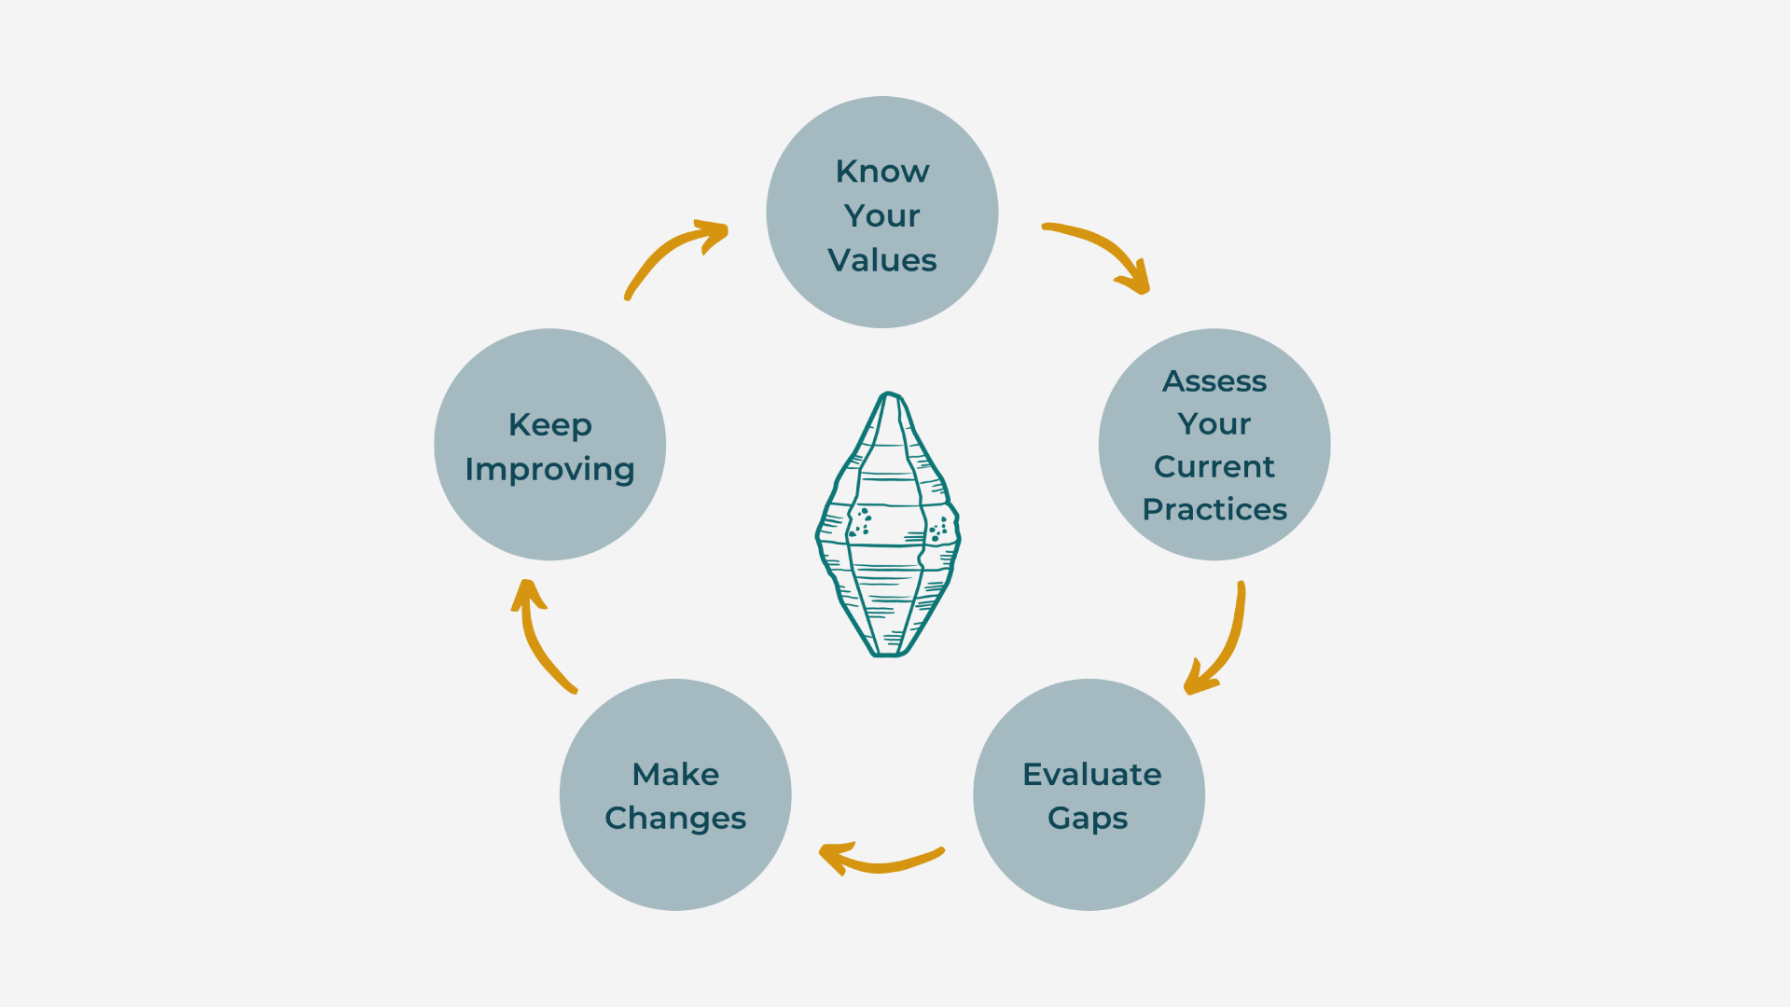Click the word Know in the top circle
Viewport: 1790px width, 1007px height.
pos(881,172)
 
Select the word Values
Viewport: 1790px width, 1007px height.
pos(881,260)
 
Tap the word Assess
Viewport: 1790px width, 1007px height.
pos(1214,381)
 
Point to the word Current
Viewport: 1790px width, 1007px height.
pos(1214,466)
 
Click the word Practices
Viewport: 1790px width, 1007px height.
pos(1214,509)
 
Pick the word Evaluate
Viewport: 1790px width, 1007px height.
pos(1091,774)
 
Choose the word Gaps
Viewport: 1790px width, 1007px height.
pos(1087,819)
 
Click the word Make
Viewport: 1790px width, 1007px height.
pos(675,774)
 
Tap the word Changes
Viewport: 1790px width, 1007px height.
pos(675,818)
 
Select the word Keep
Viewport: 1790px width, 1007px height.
pos(549,425)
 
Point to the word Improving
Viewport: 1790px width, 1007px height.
pos(549,469)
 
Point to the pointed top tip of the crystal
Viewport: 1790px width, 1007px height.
pos(890,395)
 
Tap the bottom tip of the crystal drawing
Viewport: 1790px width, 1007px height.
pos(888,654)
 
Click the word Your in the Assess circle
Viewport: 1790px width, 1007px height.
pos(1214,424)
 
